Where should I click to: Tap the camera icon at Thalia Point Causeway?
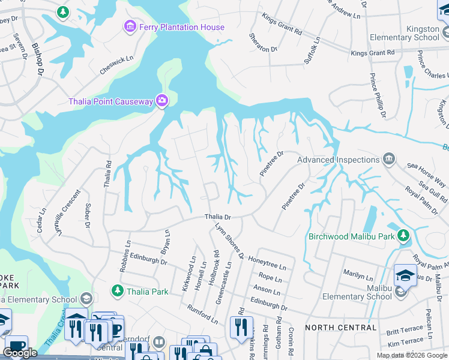[x=161, y=101]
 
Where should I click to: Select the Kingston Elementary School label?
[x=414, y=33]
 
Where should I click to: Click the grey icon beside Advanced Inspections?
[x=389, y=160]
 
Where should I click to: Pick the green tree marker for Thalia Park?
[x=118, y=290]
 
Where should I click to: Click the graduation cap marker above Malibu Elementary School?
[x=405, y=275]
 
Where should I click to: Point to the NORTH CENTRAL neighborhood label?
[x=340, y=328]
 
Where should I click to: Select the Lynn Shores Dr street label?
[x=229, y=241]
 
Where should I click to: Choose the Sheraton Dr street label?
[x=264, y=41]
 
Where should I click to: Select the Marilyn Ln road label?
[x=358, y=276]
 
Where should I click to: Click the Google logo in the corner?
[x=20, y=353]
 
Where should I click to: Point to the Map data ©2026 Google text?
[x=412, y=355]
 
